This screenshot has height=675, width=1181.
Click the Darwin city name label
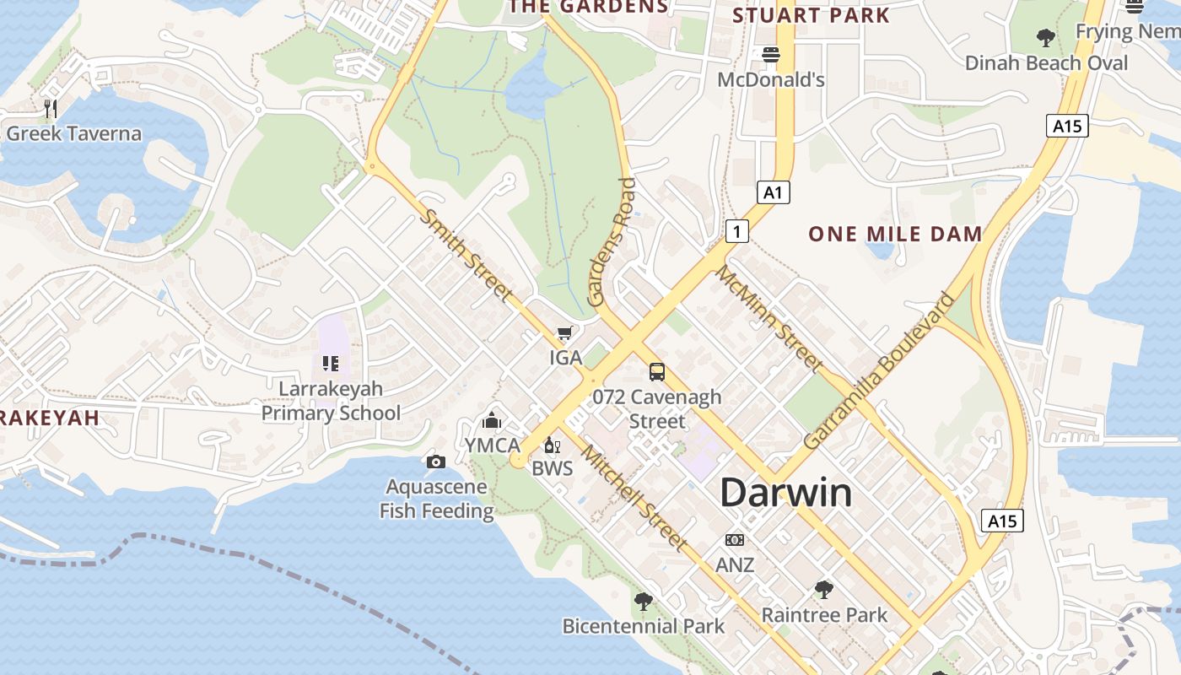coord(785,493)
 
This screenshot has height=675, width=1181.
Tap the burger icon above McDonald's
coord(770,55)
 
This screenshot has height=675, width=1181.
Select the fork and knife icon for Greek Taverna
coord(51,108)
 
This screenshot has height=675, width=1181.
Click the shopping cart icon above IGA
coord(564,333)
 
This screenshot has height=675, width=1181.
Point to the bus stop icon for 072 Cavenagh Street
coord(656,371)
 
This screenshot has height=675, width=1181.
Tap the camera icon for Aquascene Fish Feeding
coord(435,462)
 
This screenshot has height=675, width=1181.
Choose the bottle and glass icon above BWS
coord(552,445)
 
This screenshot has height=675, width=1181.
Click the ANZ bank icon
coord(735,540)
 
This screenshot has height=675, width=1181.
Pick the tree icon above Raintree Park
coord(824,590)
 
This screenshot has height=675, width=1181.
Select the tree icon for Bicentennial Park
coord(643,602)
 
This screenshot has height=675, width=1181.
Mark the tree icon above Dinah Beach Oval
coord(1045,38)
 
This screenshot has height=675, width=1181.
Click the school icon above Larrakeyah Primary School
coord(330,364)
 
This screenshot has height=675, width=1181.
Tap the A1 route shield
coord(773,192)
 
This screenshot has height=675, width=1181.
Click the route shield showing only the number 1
coord(737,230)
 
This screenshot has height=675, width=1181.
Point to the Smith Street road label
coord(466,256)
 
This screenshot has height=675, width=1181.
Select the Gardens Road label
coord(610,242)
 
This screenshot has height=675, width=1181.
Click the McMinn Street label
coord(769,318)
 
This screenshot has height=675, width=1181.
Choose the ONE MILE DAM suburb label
coord(895,234)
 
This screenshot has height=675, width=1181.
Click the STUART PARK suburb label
coord(811,15)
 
